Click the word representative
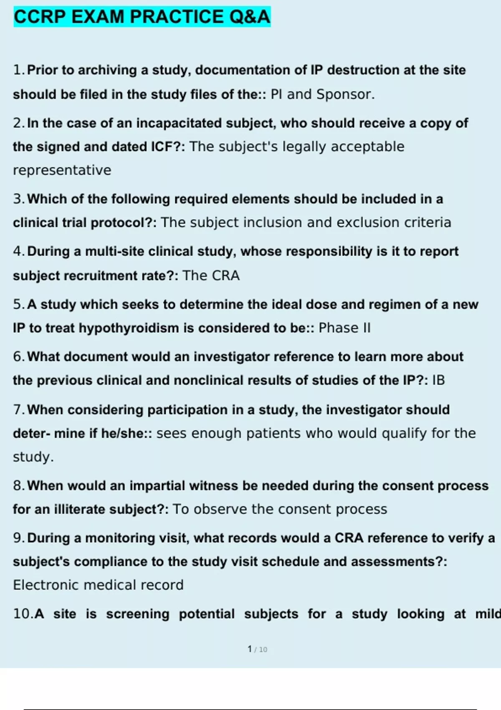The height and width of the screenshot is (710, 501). [62, 170]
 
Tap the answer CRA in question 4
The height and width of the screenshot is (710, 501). [225, 276]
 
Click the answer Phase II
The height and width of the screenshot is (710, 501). [344, 328]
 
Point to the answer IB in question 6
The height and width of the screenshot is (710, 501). [438, 380]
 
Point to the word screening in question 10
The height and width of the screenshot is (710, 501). [138, 614]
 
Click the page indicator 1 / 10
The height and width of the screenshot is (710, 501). [257, 649]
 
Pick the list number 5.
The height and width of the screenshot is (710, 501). [18, 304]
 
